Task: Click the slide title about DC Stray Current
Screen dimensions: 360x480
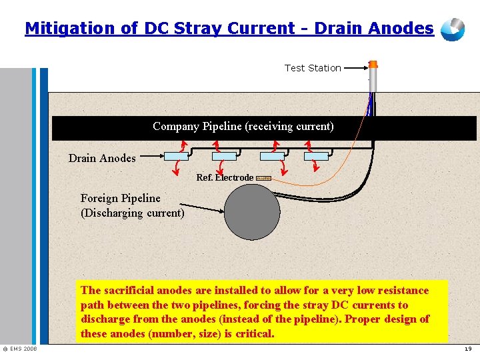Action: [229, 29]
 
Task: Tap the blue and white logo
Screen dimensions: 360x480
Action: [454, 29]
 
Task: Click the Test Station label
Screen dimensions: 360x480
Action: [313, 68]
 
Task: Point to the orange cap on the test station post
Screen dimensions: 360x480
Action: [373, 65]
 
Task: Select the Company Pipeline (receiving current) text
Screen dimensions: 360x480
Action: [243, 127]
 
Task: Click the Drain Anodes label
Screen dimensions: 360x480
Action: [102, 159]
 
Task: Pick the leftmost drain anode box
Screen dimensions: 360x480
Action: [177, 156]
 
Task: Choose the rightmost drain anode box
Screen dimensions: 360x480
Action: [316, 156]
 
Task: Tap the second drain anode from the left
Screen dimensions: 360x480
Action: [224, 156]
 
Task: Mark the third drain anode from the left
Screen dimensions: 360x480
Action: [271, 156]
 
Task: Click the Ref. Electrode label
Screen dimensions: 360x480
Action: [225, 178]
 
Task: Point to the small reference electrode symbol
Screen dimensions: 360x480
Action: [263, 178]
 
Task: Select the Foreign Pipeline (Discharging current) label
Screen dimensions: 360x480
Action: [132, 205]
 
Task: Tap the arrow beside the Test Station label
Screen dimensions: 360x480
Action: [356, 67]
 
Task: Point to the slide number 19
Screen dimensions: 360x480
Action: [467, 349]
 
